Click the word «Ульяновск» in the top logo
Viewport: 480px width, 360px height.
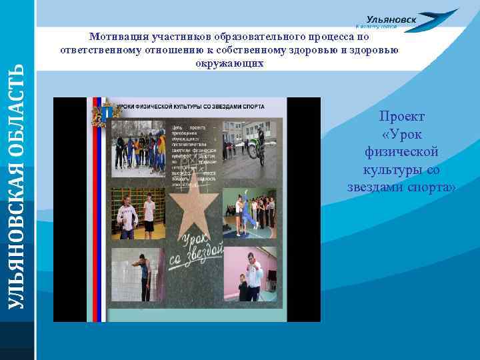tap(392, 20)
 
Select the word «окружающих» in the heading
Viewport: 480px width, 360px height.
tap(230, 63)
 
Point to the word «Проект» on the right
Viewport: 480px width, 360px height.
tap(402, 117)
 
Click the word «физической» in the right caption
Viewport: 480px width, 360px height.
tap(402, 152)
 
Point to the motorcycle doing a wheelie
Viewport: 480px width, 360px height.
tap(257, 146)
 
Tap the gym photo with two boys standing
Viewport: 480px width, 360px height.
tap(137, 215)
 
